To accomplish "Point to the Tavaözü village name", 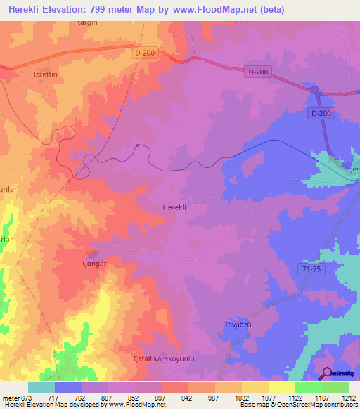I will click(x=238, y=324).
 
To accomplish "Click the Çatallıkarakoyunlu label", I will click(x=153, y=358).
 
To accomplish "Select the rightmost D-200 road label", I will click(x=320, y=113).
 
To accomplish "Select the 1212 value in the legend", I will click(x=349, y=396).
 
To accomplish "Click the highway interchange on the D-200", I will click(x=316, y=91).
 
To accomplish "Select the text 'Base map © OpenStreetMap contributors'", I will click(x=296, y=405).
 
